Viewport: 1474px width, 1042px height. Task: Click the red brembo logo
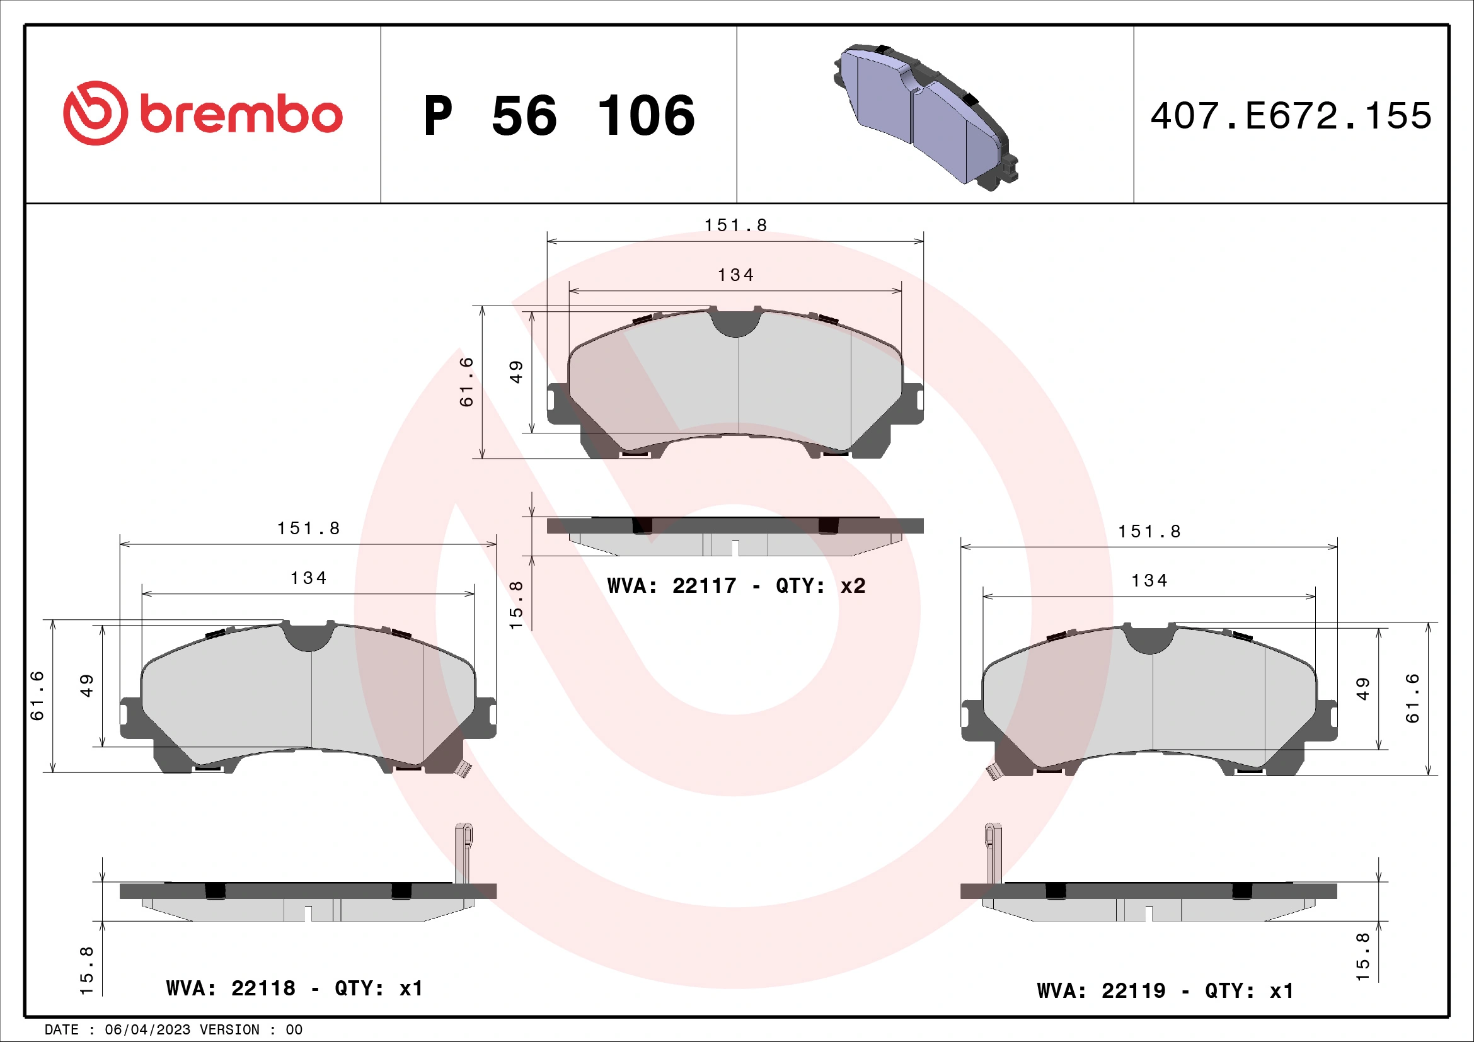[203, 113]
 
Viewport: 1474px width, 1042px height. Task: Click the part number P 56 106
[559, 116]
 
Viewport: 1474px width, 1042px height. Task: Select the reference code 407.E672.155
[1291, 116]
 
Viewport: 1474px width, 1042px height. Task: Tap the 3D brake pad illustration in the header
[925, 115]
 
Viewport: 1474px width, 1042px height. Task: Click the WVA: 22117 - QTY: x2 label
[735, 586]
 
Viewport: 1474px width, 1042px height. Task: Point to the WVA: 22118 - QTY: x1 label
[294, 988]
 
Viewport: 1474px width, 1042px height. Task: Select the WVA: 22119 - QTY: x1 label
[1165, 991]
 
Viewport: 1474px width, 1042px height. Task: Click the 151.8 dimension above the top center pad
[735, 225]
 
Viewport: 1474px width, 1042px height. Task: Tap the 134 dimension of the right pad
[1149, 581]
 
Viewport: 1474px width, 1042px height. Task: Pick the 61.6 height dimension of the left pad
[37, 696]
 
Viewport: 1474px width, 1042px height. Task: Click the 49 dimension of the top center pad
[516, 372]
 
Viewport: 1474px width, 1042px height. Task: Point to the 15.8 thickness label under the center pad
[516, 604]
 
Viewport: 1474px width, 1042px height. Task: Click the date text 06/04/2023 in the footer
[147, 1030]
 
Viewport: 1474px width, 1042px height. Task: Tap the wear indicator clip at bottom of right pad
[994, 771]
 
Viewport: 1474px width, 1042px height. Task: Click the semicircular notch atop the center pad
[736, 324]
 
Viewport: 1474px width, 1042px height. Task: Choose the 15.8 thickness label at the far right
[1362, 956]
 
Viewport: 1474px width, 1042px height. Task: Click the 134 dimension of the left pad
[308, 578]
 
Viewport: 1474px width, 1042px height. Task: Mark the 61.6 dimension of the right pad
[1412, 698]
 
